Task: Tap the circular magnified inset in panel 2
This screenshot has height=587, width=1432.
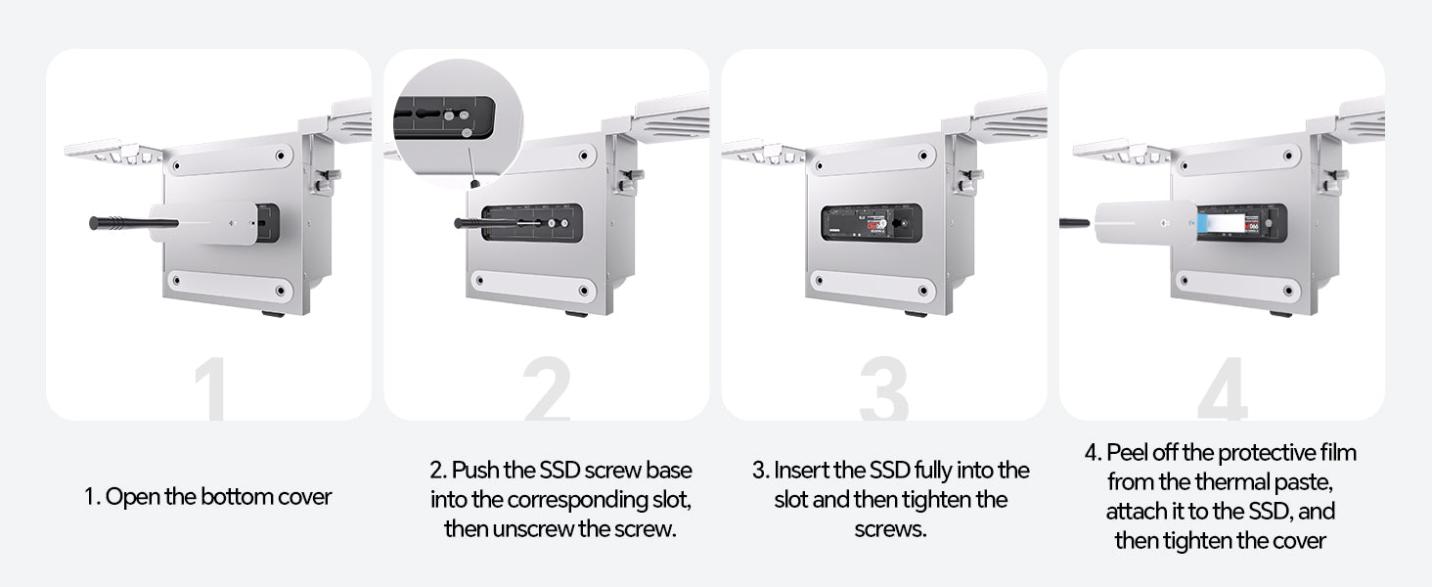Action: pyautogui.click(x=458, y=122)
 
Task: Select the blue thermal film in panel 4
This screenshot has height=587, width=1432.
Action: pyautogui.click(x=1202, y=223)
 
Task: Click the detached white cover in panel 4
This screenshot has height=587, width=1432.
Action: pyautogui.click(x=1145, y=222)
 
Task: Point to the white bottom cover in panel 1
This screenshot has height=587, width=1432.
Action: pyautogui.click(x=203, y=223)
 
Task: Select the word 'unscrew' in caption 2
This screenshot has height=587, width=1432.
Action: pyautogui.click(x=532, y=529)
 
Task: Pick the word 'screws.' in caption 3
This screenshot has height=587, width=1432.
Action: pyautogui.click(x=890, y=529)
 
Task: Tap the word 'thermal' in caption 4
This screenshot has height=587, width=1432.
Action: pyautogui.click(x=1231, y=481)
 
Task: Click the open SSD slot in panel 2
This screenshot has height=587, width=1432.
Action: pyautogui.click(x=532, y=223)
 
